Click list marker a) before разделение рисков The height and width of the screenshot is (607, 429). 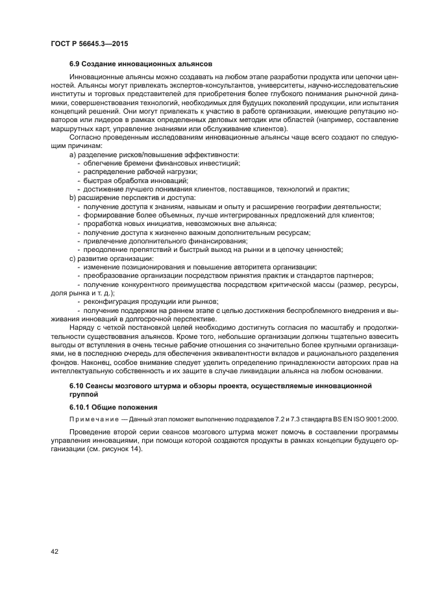coord(72,155)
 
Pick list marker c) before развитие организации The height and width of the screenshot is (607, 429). coord(72,258)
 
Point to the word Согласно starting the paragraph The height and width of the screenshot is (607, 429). coord(85,138)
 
